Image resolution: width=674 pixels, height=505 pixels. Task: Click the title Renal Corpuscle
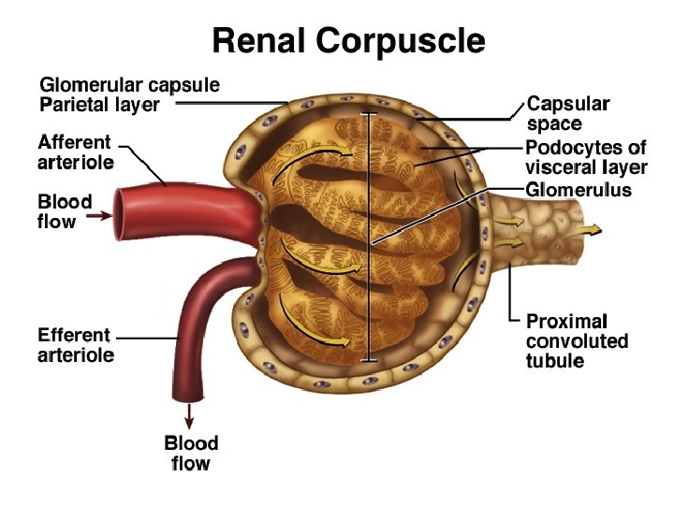coord(348,40)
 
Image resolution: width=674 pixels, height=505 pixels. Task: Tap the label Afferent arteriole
coord(75,152)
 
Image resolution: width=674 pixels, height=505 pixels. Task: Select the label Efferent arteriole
coord(75,344)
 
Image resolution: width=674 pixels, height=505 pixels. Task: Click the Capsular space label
coord(568,112)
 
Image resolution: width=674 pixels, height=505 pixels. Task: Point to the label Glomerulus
coord(579,190)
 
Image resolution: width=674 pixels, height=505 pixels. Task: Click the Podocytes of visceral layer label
coord(586,158)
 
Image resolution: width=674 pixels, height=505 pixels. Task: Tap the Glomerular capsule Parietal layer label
coord(129,94)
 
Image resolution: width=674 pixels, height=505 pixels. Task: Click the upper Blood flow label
coord(65,211)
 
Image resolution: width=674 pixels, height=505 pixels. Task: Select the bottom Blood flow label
coord(191,453)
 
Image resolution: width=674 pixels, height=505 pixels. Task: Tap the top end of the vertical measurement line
coord(371,114)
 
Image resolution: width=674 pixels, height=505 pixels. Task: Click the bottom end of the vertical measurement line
coord(371,360)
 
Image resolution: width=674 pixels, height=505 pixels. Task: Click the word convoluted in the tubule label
coord(577,340)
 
